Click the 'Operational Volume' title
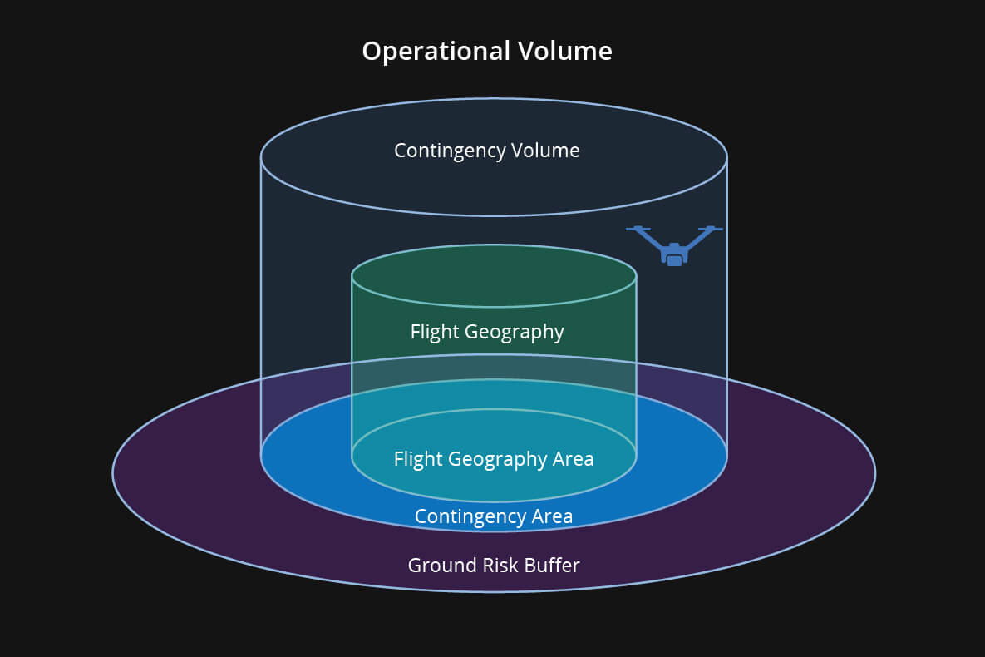tap(487, 52)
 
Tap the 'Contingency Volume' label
tap(487, 151)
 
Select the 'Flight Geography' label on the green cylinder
tap(487, 332)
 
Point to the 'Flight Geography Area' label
tap(494, 458)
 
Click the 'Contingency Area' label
tap(494, 516)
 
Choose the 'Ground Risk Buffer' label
tap(494, 566)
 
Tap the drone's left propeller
tap(638, 229)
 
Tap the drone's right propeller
tap(710, 229)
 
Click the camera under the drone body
tap(674, 260)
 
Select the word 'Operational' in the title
tap(436, 52)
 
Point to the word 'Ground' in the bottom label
tap(436, 566)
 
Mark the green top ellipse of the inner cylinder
tap(494, 275)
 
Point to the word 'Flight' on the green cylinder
tap(435, 332)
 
